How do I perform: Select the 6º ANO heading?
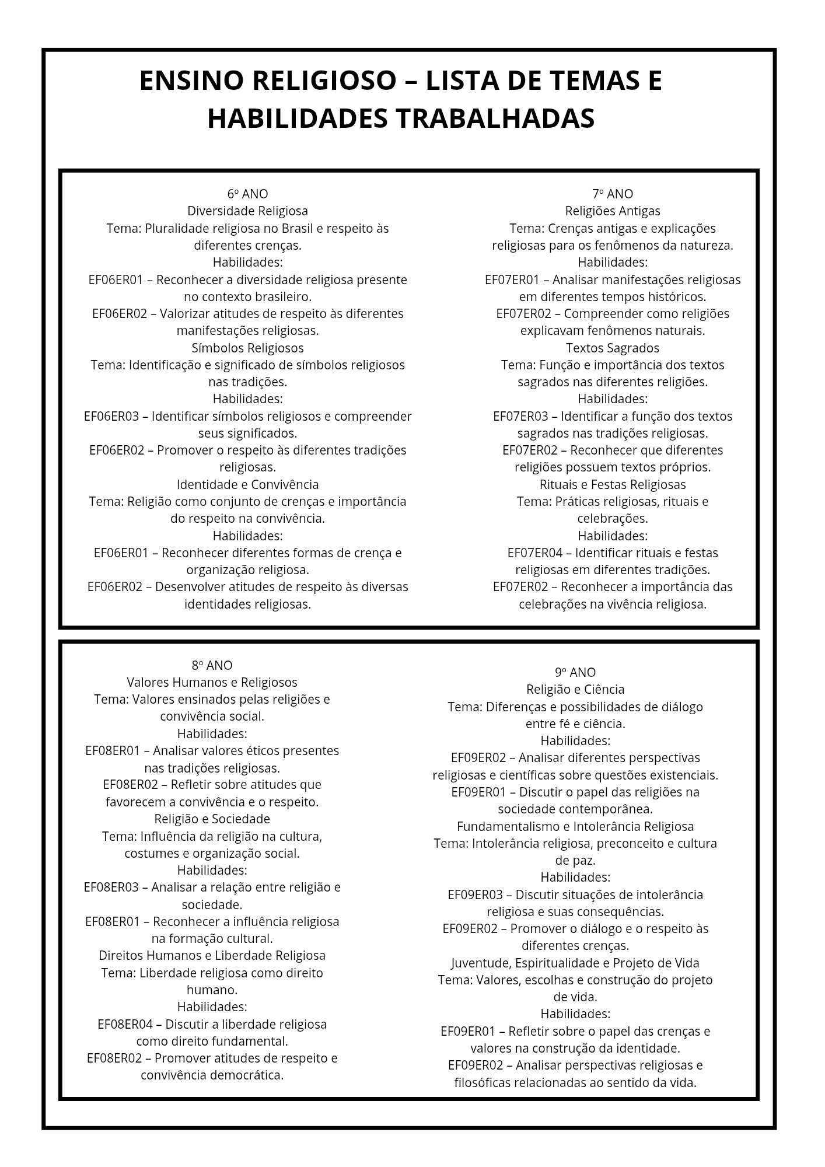pyautogui.click(x=247, y=194)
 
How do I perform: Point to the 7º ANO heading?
pyautogui.click(x=612, y=194)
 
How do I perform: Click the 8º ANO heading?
pyautogui.click(x=212, y=665)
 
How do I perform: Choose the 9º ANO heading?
pyautogui.click(x=575, y=672)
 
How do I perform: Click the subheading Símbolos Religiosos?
pyautogui.click(x=247, y=348)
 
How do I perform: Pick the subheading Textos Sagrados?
pyautogui.click(x=612, y=348)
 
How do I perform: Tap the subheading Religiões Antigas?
pyautogui.click(x=612, y=211)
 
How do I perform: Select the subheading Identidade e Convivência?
pyautogui.click(x=247, y=484)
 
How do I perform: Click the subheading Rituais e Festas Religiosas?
pyautogui.click(x=612, y=484)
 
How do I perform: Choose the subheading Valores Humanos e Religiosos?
pyautogui.click(x=212, y=682)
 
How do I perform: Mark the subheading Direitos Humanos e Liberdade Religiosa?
pyautogui.click(x=212, y=956)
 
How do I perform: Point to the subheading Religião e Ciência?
pyautogui.click(x=575, y=689)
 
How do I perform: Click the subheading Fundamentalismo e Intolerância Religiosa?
pyautogui.click(x=575, y=826)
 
